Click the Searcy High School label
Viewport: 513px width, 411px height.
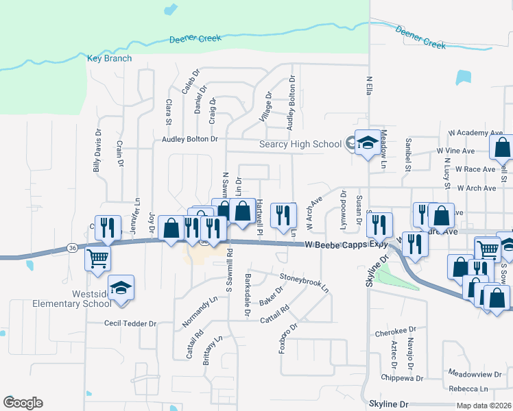300,144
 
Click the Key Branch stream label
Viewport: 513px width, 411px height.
110,59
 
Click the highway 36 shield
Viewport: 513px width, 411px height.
71,247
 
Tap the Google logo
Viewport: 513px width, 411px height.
23,403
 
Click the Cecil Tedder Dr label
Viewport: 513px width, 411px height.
130,323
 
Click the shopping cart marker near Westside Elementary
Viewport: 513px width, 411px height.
98,258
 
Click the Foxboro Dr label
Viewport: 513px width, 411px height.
287,338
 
